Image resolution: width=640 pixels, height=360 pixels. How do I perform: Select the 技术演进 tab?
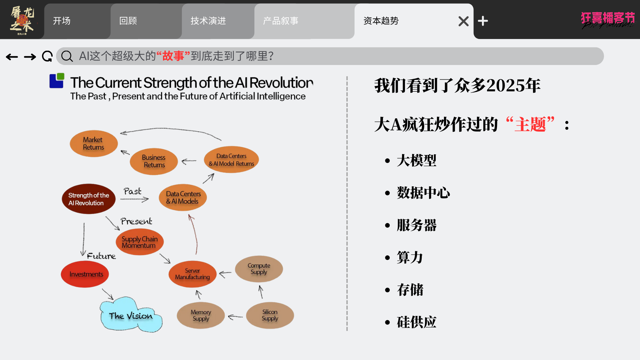click(x=218, y=21)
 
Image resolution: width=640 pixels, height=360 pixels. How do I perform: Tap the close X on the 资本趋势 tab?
click(x=463, y=21)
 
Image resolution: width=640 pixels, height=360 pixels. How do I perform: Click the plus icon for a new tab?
click(x=483, y=21)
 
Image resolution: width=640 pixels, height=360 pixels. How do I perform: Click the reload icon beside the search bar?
click(x=47, y=56)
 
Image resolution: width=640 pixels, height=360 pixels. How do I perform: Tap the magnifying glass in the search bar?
click(x=67, y=56)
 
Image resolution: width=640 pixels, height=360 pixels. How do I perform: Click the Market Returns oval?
click(x=94, y=143)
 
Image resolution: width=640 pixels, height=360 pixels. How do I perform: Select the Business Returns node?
click(x=154, y=161)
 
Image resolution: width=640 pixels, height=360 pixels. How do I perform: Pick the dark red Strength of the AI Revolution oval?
click(x=89, y=199)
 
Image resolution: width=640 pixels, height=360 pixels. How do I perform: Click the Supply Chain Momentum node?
click(x=140, y=242)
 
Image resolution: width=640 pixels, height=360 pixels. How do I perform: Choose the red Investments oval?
click(x=85, y=274)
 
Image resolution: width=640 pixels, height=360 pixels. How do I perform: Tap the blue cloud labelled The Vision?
click(x=131, y=315)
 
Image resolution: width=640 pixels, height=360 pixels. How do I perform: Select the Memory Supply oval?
click(x=201, y=315)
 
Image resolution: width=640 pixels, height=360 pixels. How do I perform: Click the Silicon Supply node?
click(x=270, y=315)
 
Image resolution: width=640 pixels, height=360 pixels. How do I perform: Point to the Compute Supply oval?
click(x=259, y=269)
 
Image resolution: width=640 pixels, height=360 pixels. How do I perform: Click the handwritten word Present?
click(x=136, y=221)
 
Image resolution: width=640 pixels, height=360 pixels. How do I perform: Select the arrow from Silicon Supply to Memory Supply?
click(x=235, y=317)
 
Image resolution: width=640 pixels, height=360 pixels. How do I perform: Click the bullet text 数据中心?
click(x=423, y=193)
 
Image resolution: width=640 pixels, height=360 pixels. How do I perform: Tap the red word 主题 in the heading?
click(x=530, y=125)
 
